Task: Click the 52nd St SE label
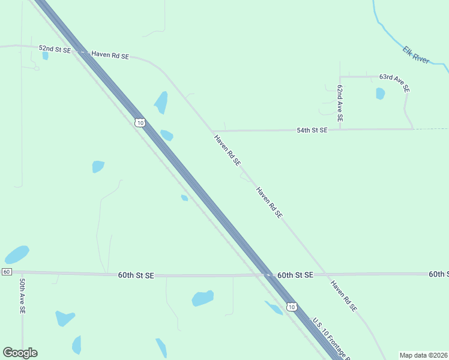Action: click(x=55, y=49)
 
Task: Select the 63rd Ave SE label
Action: click(x=394, y=82)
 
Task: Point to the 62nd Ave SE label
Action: click(x=340, y=104)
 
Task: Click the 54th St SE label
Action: click(x=312, y=130)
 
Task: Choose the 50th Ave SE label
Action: click(x=22, y=296)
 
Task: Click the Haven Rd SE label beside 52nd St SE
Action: click(x=110, y=55)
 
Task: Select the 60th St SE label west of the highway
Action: click(x=136, y=275)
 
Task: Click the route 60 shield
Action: click(x=6, y=272)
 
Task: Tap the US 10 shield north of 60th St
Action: click(x=140, y=122)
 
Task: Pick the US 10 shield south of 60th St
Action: click(x=291, y=307)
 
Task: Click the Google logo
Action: click(x=20, y=353)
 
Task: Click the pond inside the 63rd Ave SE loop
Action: click(x=380, y=94)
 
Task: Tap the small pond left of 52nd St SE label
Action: click(x=45, y=56)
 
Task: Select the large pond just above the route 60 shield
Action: click(x=17, y=254)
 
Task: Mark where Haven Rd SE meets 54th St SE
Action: click(x=211, y=131)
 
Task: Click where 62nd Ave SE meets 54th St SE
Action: click(x=340, y=129)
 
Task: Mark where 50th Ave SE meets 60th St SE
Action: click(x=22, y=272)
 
